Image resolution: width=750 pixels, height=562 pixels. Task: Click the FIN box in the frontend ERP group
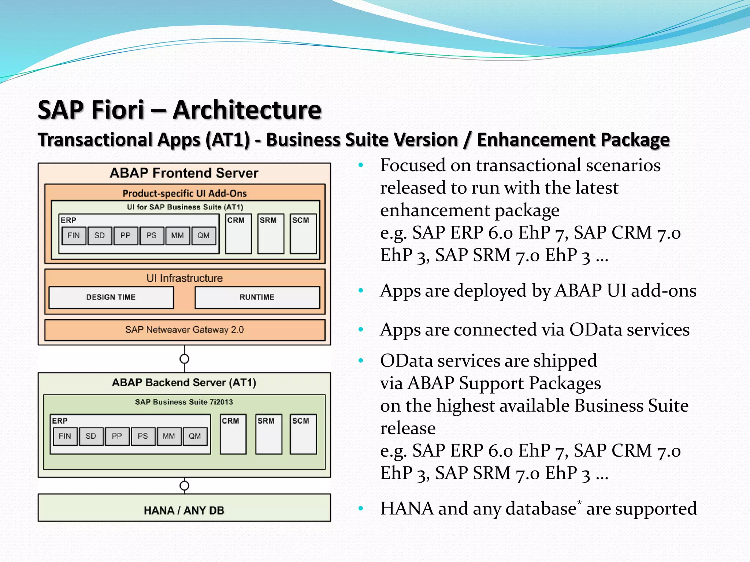click(74, 236)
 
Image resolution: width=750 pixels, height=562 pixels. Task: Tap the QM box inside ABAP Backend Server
click(195, 436)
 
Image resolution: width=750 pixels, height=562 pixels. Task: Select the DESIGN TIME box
click(111, 297)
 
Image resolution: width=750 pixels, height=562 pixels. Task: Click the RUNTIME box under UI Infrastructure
click(257, 297)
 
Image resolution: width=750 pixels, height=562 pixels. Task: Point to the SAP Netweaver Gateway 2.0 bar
click(185, 330)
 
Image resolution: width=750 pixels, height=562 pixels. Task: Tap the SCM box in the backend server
click(303, 434)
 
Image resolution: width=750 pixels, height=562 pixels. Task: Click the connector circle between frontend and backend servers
click(185, 359)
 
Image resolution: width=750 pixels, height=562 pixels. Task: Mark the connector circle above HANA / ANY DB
click(185, 486)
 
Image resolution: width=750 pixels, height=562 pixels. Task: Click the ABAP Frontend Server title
click(184, 173)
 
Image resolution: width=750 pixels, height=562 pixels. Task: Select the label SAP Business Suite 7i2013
click(184, 402)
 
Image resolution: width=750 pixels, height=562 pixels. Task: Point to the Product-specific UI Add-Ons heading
click(185, 193)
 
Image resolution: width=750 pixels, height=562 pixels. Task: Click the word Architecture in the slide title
click(247, 110)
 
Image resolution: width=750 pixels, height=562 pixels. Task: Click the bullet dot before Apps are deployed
click(361, 291)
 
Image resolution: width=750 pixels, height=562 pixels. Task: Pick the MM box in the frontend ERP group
click(178, 236)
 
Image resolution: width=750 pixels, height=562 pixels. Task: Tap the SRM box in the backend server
click(269, 434)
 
